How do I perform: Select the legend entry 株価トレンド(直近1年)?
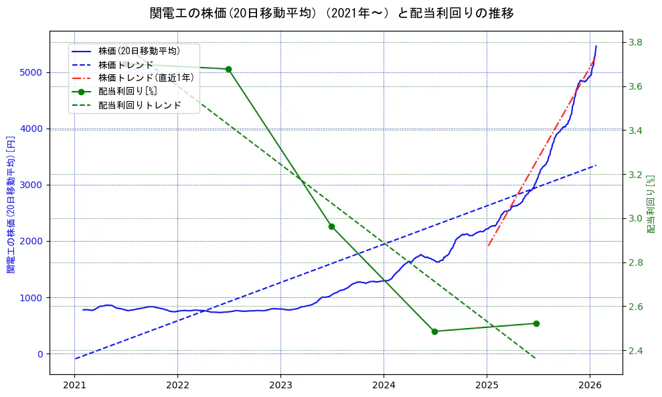coord(146,78)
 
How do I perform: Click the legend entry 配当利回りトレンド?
coord(139,105)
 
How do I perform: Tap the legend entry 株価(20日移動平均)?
coord(139,51)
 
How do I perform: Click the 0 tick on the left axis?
coord(40,354)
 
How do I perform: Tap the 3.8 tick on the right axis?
coord(634,43)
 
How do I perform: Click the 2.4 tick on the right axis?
coord(634,351)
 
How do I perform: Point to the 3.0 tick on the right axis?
coord(634,219)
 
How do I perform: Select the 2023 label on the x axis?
coord(280,386)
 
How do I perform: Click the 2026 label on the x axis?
coord(590,386)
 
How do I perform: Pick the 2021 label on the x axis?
coord(75,386)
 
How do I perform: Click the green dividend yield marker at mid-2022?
coord(228,69)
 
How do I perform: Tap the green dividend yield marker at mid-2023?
coord(331,226)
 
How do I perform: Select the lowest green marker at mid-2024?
coord(434,331)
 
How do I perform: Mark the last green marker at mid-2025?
coord(536,323)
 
